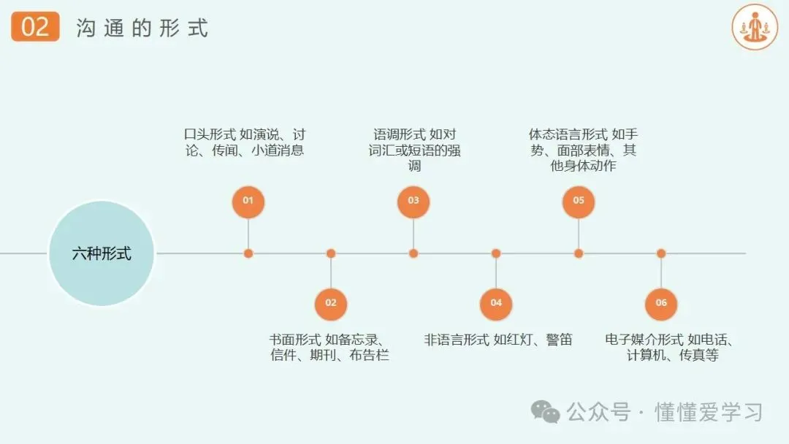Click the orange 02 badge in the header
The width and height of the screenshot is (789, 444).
point(35,27)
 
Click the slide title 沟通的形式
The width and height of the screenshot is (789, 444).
point(142,28)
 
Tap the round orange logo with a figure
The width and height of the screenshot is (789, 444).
point(755,27)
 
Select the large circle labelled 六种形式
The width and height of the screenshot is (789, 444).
point(102,253)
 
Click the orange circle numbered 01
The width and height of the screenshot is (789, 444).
point(248,201)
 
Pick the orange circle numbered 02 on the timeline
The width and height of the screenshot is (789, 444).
point(331,302)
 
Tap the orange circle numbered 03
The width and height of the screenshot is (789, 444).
point(413,201)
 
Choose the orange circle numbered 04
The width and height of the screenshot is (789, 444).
point(496,302)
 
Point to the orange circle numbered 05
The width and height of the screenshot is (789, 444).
point(579,201)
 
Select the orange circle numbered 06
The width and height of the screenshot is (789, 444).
point(661,302)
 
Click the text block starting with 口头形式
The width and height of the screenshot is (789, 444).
point(244,142)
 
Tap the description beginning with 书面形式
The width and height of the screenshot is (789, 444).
point(329,348)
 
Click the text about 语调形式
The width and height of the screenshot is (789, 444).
point(414,150)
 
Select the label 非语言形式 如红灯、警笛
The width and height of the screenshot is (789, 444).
point(498,340)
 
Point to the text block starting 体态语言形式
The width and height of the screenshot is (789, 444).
point(583,150)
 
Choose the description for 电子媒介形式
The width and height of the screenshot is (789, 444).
point(668,348)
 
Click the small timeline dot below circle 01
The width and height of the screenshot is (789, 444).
point(248,253)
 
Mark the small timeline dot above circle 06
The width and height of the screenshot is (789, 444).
point(661,253)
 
